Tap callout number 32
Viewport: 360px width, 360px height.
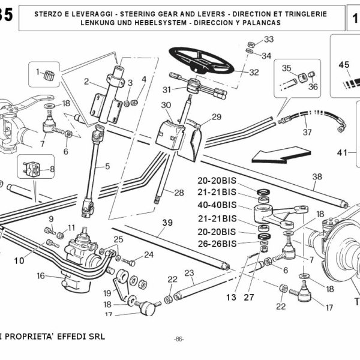click(x=254, y=73)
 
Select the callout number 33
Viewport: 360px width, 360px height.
click(x=268, y=40)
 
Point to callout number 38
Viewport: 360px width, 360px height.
click(x=317, y=176)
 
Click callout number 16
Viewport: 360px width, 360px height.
click(x=41, y=276)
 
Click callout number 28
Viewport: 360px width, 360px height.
click(x=179, y=193)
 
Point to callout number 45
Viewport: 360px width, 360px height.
click(x=344, y=64)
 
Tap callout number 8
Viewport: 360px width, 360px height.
click(x=52, y=170)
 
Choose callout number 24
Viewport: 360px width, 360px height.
click(x=148, y=254)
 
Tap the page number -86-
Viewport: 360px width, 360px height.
click(x=178, y=339)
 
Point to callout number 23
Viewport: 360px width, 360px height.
click(x=190, y=274)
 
